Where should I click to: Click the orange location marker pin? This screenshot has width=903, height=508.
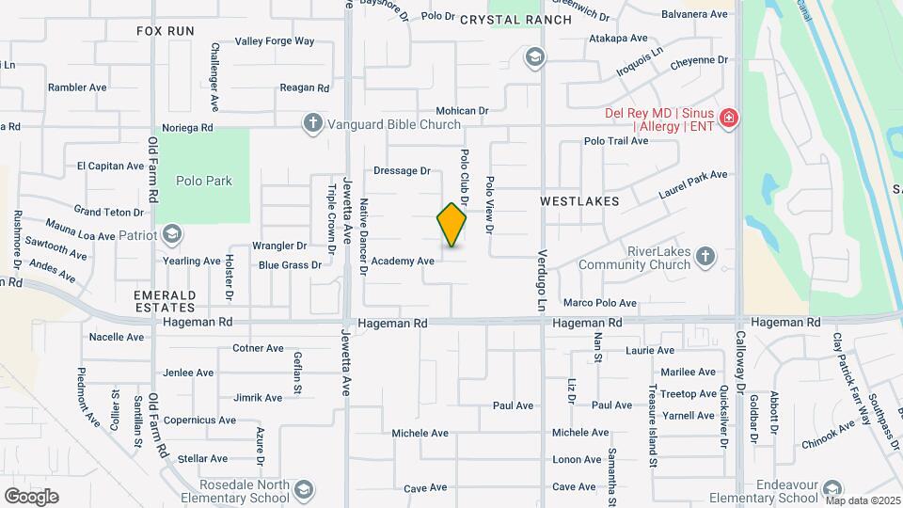pyautogui.click(x=451, y=224)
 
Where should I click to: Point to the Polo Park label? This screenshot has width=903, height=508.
pyautogui.click(x=203, y=180)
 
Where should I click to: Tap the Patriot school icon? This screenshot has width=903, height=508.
pyautogui.click(x=171, y=233)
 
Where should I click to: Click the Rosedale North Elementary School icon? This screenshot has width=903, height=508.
pyautogui.click(x=303, y=490)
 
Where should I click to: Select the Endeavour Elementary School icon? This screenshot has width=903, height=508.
pyautogui.click(x=832, y=490)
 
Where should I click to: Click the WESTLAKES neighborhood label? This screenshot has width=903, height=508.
pyautogui.click(x=579, y=201)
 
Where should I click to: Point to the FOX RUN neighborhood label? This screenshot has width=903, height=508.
pyautogui.click(x=165, y=31)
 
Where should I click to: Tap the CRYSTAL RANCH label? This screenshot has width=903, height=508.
pyautogui.click(x=515, y=20)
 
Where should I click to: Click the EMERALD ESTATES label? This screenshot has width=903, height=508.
pyautogui.click(x=165, y=300)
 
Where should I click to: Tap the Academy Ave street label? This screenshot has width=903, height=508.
pyautogui.click(x=403, y=261)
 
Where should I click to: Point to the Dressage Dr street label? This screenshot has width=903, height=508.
pyautogui.click(x=402, y=171)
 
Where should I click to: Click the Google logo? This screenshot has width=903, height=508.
pyautogui.click(x=31, y=496)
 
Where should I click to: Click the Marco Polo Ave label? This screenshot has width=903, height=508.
pyautogui.click(x=600, y=303)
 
